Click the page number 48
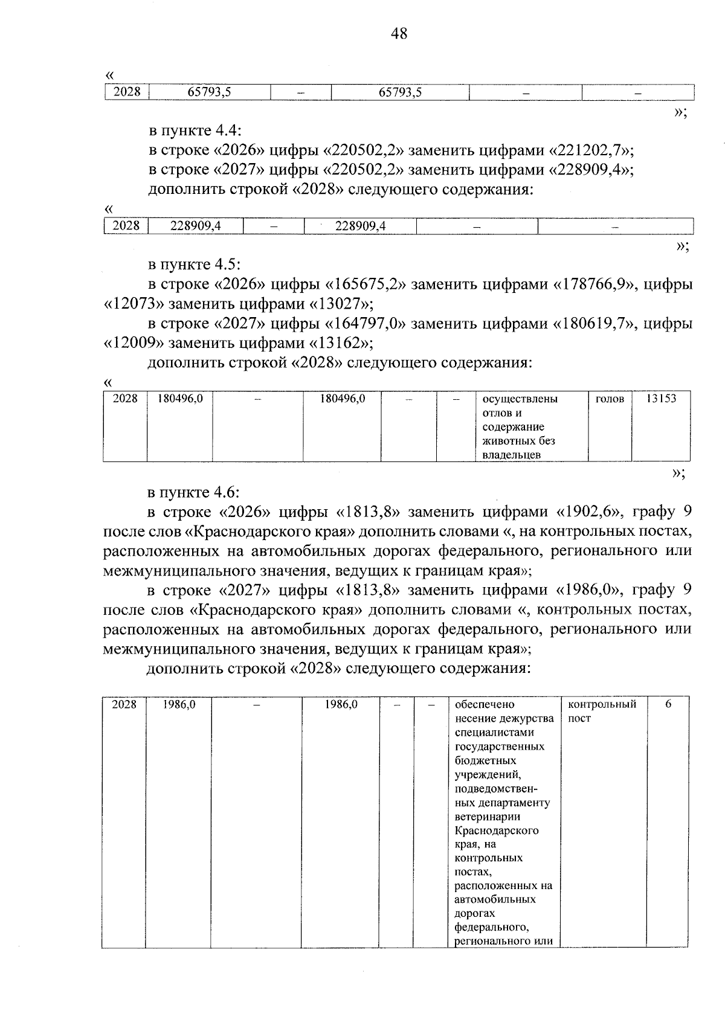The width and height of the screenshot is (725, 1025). point(399,33)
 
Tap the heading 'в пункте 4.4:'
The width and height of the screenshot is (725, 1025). point(195,130)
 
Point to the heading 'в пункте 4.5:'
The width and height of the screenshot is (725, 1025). point(195,264)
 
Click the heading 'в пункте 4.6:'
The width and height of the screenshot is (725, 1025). point(195,492)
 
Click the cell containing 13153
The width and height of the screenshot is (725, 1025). point(660,399)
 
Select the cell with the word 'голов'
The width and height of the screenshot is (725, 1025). point(610,399)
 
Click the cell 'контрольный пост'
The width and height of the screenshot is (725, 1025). point(602,711)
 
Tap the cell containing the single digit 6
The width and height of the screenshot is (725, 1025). point(668,704)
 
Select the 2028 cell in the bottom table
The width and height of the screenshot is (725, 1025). point(124,704)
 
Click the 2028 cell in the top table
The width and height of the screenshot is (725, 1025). point(127,92)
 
